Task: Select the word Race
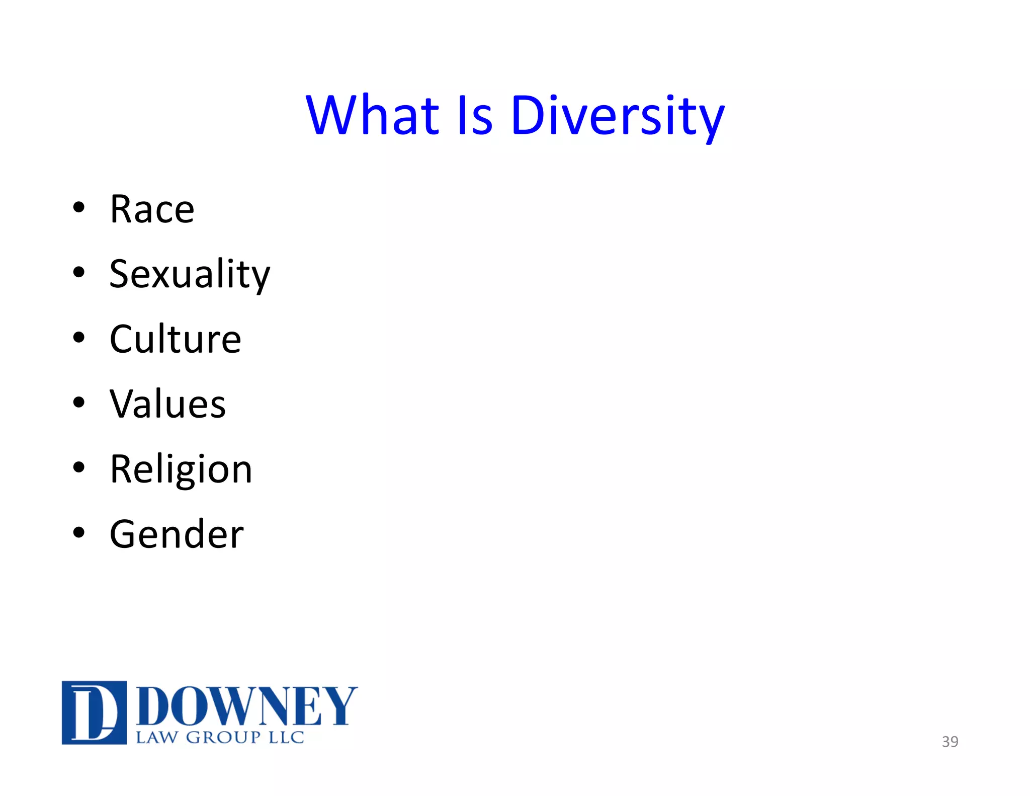point(152,209)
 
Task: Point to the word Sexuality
point(190,275)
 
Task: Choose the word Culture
point(175,340)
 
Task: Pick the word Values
point(167,405)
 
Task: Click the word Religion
point(181,469)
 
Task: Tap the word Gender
point(177,534)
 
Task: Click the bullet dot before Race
point(79,207)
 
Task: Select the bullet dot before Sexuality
point(79,272)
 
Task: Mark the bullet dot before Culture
point(79,337)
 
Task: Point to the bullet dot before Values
point(79,402)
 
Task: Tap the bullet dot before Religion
point(79,467)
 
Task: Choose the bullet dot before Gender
point(79,532)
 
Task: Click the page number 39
point(950,742)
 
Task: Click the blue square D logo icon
point(94,712)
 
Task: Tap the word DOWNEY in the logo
point(246,706)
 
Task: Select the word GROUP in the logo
point(223,738)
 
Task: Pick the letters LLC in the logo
point(286,738)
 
